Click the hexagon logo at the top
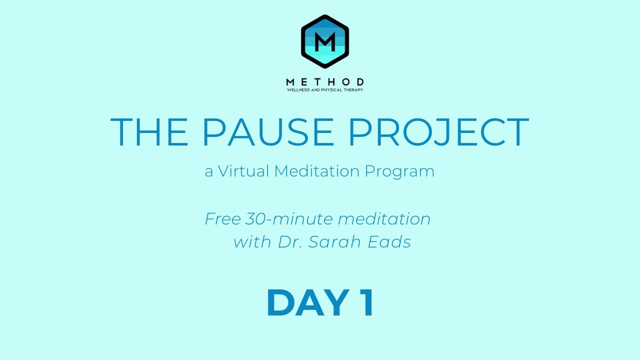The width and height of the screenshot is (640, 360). pyautogui.click(x=325, y=41)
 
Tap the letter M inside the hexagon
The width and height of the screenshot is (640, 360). pyautogui.click(x=325, y=39)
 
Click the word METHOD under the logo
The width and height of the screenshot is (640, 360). pyautogui.click(x=325, y=82)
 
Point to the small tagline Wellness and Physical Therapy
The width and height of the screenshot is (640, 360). pyautogui.click(x=325, y=90)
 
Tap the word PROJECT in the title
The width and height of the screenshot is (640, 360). pyautogui.click(x=438, y=132)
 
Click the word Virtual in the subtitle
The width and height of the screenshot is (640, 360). pyautogui.click(x=244, y=171)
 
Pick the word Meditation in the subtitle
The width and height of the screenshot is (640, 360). pyautogui.click(x=317, y=171)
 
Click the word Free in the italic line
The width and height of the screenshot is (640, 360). pyautogui.click(x=223, y=219)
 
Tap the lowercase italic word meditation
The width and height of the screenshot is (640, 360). pyautogui.click(x=384, y=219)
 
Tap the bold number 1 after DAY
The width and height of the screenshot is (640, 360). pyautogui.click(x=366, y=303)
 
